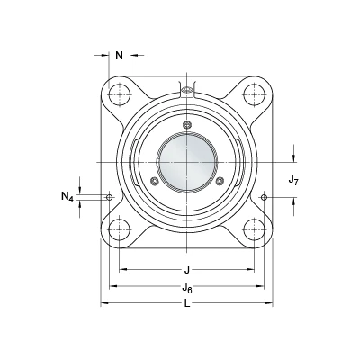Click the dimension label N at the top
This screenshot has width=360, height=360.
(x=120, y=56)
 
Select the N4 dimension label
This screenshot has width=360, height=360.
(x=67, y=197)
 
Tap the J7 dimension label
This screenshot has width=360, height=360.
(x=293, y=180)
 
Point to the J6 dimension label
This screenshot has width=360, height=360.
(x=187, y=288)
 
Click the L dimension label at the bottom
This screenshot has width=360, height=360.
(x=187, y=304)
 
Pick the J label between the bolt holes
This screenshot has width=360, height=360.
(x=187, y=270)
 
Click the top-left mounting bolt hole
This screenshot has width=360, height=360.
(x=120, y=94)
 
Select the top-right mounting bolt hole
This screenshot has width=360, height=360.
(x=255, y=94)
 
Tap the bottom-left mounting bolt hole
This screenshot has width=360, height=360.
(x=120, y=230)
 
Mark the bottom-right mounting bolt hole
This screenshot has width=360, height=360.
(x=255, y=230)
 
